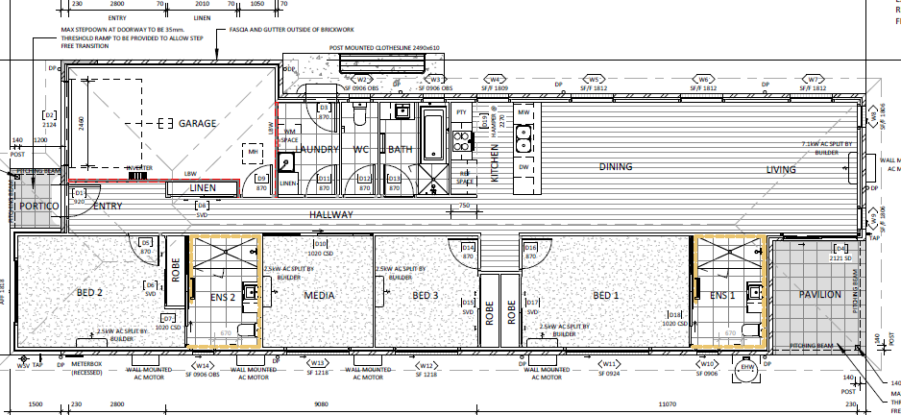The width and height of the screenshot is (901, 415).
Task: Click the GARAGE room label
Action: pyautogui.click(x=197, y=123)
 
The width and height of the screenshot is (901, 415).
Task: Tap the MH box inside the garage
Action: pyautogui.click(x=254, y=152)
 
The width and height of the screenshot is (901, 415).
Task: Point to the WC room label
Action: pyautogui.click(x=361, y=149)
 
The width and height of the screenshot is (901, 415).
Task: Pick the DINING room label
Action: pyautogui.click(x=616, y=167)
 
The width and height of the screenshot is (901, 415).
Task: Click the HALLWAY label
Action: pyautogui.click(x=331, y=214)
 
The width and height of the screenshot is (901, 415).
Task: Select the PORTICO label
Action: pyautogui.click(x=39, y=207)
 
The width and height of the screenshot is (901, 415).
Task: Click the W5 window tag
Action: pyautogui.click(x=595, y=80)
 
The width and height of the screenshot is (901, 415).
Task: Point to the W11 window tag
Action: pyautogui.click(x=608, y=365)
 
